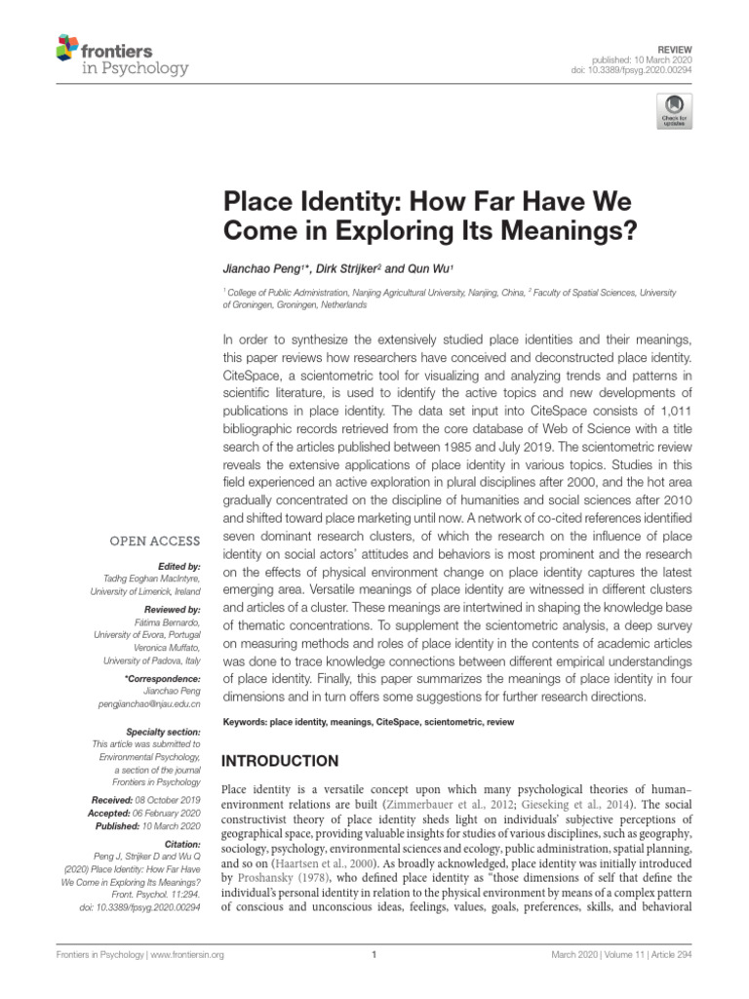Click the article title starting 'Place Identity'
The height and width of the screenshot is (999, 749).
[x=428, y=218]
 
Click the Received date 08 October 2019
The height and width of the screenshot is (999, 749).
[x=173, y=799]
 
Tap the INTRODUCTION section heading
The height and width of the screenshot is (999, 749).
[x=282, y=760]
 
